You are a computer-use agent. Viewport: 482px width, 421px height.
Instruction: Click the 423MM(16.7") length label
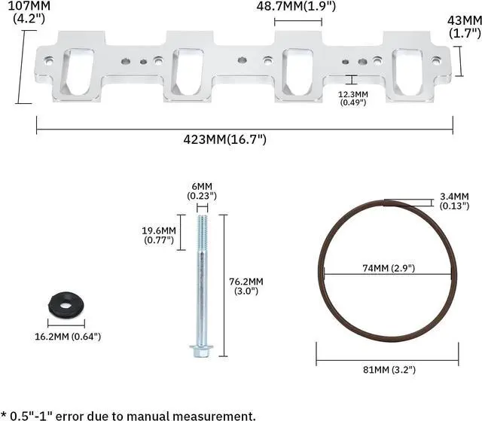224,139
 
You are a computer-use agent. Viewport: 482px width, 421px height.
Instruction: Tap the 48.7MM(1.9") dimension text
296,6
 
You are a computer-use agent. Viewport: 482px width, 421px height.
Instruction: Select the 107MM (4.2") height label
29,12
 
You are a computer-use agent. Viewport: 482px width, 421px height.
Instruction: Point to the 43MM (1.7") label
465,26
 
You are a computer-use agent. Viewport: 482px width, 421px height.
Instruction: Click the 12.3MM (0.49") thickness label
353,98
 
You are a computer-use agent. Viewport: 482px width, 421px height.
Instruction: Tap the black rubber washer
66,304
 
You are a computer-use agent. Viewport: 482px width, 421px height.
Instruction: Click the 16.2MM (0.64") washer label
68,337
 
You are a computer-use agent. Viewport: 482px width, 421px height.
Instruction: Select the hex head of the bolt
201,351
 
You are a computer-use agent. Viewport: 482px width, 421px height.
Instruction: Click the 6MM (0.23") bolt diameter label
202,191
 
